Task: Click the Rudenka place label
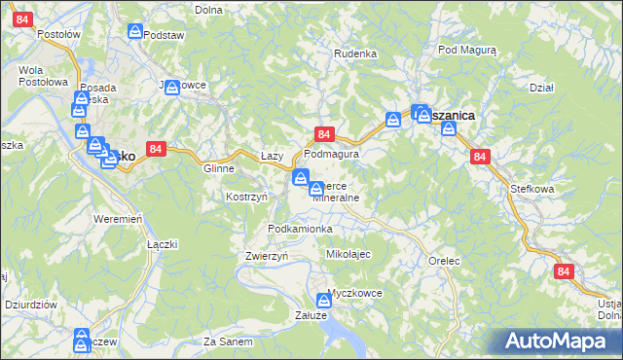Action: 355,54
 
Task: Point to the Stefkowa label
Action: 531,190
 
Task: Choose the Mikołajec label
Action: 348,253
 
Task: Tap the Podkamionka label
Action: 300,229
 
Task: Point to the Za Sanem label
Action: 229,342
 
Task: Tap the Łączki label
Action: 162,244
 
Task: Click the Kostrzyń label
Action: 246,197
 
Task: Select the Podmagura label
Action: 332,154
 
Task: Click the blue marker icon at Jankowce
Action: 172,88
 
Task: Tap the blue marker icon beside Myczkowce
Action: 325,302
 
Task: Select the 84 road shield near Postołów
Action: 23,19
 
